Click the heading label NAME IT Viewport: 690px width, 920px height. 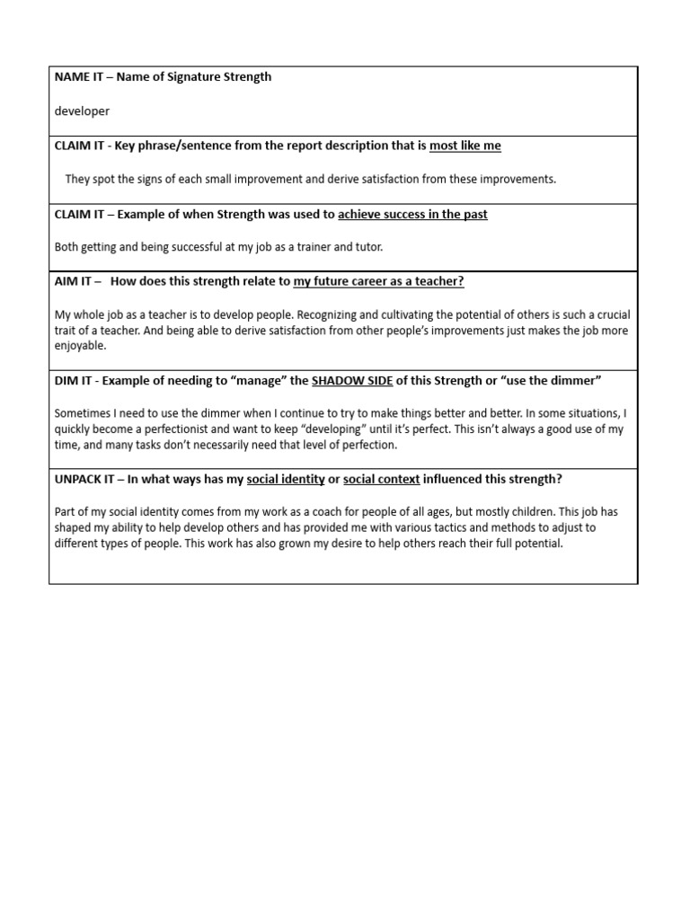coord(75,77)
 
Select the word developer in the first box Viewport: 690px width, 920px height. coord(82,111)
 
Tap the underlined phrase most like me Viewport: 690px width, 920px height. coord(464,146)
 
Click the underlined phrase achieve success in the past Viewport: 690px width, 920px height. coord(412,215)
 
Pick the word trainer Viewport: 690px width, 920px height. coord(317,247)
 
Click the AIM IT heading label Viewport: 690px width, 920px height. coord(73,281)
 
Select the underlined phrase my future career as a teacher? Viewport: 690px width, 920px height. coord(378,281)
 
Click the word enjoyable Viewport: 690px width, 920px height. coord(80,345)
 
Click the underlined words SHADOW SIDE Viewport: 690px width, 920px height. coord(351,380)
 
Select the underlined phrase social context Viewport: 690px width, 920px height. coord(381,479)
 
